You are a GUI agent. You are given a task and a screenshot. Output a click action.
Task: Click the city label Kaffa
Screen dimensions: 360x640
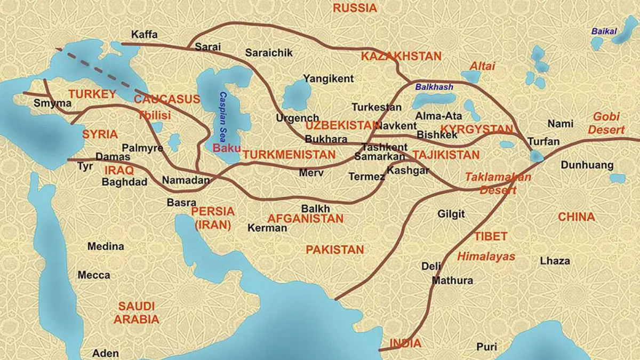coord(144,35)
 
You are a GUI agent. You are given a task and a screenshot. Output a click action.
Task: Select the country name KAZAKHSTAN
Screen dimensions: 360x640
coord(401,56)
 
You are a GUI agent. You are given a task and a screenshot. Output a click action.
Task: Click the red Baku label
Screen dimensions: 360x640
coord(226,148)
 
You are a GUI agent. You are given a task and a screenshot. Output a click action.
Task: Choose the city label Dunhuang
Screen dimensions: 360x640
coord(587,165)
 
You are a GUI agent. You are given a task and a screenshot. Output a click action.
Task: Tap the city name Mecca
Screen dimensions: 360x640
coord(94,275)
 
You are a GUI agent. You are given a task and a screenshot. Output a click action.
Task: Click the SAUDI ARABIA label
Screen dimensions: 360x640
coord(137,313)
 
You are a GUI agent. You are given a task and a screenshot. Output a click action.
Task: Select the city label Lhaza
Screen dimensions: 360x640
coord(555,261)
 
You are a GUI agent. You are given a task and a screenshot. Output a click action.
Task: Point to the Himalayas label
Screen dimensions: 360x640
coord(486,257)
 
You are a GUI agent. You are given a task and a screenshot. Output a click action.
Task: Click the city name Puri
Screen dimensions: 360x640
coord(486,347)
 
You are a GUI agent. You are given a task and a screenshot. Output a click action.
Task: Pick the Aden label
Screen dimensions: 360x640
coord(105,353)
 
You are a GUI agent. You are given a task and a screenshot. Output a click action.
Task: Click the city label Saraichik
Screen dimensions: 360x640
coord(269,53)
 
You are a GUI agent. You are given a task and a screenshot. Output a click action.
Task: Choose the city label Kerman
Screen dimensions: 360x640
coord(267,228)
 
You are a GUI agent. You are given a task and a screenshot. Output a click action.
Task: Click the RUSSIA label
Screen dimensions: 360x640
coord(354,8)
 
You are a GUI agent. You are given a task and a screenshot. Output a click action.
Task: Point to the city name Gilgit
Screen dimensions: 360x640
coord(451,214)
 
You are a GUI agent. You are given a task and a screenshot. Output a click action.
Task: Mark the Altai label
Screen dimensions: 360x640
coord(482,66)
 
